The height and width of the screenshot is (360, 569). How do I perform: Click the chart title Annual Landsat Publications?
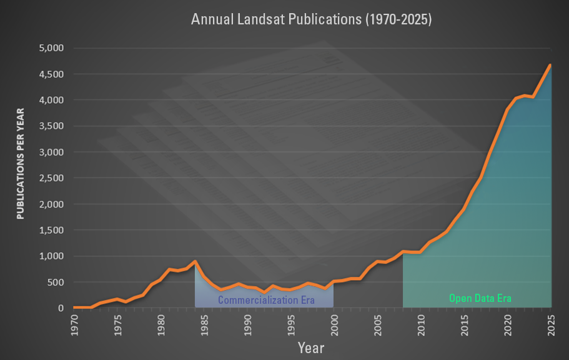coord(311,19)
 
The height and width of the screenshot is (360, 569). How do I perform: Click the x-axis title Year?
coord(310,347)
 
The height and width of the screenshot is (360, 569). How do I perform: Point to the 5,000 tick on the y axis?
coord(51,48)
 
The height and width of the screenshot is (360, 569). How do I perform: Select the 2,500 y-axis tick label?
coord(51,178)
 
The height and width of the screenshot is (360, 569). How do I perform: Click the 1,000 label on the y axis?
coord(51,256)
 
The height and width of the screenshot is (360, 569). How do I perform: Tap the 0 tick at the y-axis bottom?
coord(61,308)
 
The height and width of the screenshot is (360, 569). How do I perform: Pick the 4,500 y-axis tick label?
coord(51,74)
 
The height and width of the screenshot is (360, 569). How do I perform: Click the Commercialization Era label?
coord(265,301)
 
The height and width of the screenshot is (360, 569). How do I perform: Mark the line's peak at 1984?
coord(195,261)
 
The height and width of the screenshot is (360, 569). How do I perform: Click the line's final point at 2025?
coord(550,65)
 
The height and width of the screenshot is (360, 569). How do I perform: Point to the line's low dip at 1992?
coord(265,292)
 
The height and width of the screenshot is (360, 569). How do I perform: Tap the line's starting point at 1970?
coord(74,307)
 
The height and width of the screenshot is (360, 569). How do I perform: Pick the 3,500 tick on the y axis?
coord(51,126)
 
